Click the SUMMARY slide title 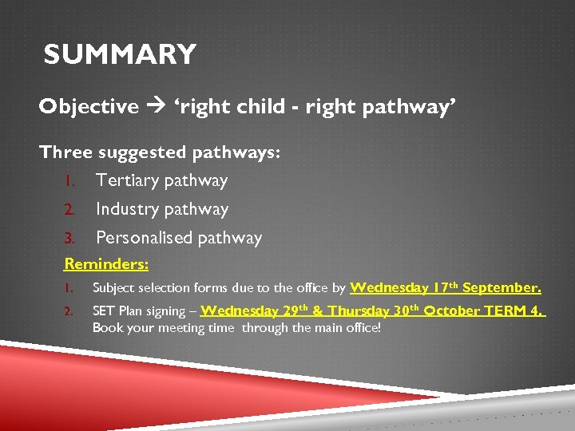point(120,55)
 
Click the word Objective point(89,107)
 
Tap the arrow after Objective point(156,108)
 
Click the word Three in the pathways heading point(66,152)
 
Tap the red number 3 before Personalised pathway point(69,239)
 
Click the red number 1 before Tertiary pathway point(69,181)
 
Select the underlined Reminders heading point(106,264)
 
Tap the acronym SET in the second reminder point(104,311)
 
